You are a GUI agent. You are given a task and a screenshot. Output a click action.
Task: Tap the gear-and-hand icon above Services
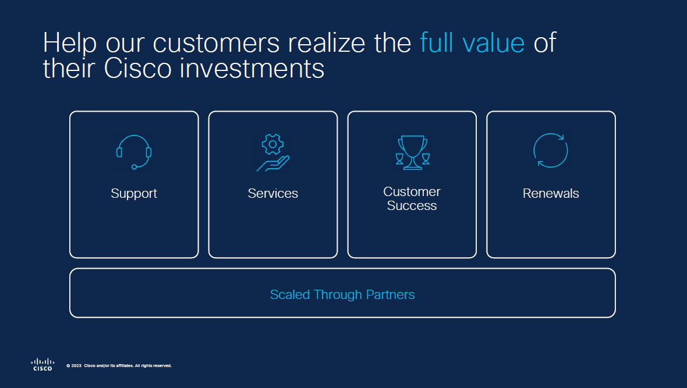(273, 153)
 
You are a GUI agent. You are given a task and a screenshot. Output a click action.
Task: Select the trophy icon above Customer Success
(412, 152)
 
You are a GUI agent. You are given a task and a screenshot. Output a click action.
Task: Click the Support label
(134, 194)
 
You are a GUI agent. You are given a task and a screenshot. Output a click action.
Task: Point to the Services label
(273, 193)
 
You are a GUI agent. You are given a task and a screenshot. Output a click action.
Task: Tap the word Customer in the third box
(412, 191)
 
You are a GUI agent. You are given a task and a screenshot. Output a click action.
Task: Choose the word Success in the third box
(412, 205)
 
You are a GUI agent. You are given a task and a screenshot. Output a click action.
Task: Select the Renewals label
(551, 193)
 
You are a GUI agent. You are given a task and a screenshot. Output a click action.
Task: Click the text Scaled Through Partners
(342, 294)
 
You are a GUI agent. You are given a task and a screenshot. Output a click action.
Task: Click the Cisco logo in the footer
(43, 364)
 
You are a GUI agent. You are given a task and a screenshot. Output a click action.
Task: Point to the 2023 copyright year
(76, 366)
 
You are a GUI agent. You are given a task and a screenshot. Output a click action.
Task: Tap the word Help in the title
(69, 43)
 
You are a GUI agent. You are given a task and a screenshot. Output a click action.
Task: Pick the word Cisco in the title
(137, 68)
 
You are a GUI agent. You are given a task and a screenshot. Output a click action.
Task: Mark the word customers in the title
(216, 44)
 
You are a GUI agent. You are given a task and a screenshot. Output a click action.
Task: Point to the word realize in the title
(327, 42)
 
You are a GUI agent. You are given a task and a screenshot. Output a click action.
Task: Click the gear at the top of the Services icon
(272, 144)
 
